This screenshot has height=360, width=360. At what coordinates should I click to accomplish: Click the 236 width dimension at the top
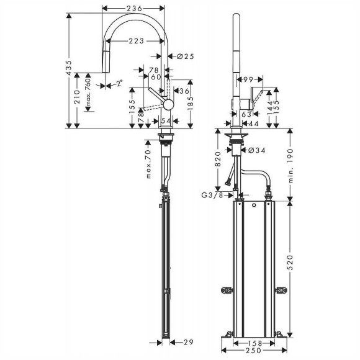(134, 8)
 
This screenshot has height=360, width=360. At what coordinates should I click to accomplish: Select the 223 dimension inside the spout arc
(137, 41)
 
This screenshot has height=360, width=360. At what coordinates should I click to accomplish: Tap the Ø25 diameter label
(185, 57)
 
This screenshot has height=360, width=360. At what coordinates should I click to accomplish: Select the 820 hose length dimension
(218, 161)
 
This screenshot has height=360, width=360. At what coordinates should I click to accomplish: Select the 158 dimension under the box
(251, 342)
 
